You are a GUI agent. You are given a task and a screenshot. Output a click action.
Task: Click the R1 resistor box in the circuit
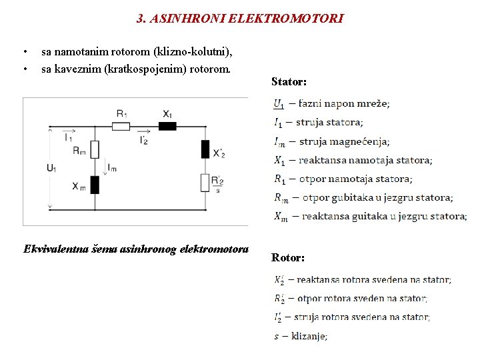coord(121,126)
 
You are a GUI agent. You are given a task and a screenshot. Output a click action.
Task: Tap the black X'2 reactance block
coord(205,149)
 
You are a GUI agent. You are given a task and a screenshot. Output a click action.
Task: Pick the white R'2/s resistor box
coord(205,182)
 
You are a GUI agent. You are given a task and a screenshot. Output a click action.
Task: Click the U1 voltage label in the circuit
coord(52,168)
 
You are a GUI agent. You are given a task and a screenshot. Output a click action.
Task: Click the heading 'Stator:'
coord(289,82)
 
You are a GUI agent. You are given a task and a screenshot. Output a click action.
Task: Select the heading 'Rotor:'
coord(288,257)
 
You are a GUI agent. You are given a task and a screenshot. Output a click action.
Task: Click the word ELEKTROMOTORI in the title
coord(286,19)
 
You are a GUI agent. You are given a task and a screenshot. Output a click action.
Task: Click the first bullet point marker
coord(25,52)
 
